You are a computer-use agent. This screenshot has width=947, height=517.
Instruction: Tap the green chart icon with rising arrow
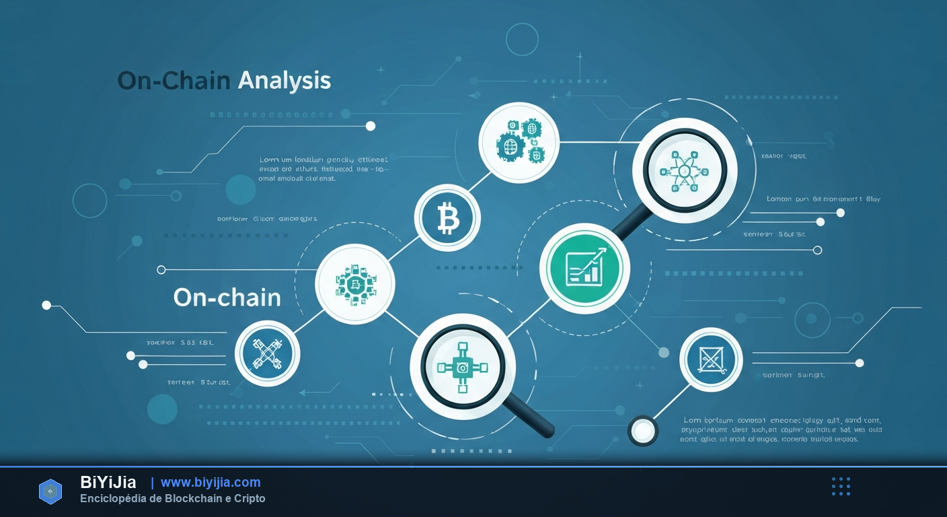[x=584, y=267]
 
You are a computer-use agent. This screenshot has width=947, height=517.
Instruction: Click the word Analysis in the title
[x=285, y=81]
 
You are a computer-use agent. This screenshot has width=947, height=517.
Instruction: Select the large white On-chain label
[x=227, y=297]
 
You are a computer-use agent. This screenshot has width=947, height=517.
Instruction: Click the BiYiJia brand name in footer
[x=108, y=482]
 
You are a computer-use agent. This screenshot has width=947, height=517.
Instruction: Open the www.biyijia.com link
[x=211, y=482]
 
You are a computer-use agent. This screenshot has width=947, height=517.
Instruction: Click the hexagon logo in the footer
[x=50, y=491]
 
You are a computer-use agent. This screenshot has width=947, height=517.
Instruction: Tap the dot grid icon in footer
[x=841, y=486]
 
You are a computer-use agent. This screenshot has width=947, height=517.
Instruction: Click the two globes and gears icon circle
[x=519, y=141]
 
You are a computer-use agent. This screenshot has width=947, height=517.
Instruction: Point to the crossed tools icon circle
[x=267, y=353]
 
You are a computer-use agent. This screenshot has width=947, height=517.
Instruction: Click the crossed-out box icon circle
[x=710, y=359]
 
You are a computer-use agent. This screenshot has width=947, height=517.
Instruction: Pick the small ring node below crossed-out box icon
[x=642, y=430]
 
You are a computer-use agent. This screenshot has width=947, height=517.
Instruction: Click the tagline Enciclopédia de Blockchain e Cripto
[x=172, y=499]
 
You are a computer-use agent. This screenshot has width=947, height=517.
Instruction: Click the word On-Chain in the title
[x=174, y=81]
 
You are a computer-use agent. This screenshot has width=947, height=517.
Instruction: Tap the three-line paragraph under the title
[x=323, y=170]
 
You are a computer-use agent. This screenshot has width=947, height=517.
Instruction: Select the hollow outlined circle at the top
[x=522, y=39]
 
